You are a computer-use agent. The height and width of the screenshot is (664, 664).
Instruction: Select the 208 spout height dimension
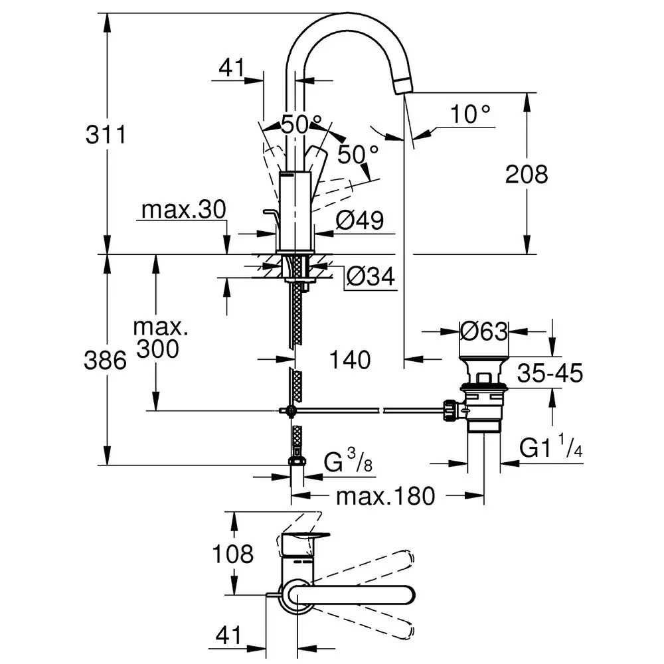527,174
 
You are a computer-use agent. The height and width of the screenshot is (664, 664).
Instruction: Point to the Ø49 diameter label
359,220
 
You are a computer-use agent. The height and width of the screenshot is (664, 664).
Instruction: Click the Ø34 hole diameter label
370,276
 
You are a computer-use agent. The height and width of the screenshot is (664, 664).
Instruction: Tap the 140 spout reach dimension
350,360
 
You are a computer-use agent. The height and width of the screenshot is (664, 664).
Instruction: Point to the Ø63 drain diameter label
484,330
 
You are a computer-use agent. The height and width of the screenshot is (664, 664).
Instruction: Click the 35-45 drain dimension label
550,373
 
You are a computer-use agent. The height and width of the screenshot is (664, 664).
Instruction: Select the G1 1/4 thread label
550,449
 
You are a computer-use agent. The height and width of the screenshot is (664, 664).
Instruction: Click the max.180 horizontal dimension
385,495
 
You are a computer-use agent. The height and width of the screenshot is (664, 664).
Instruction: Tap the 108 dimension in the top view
233,553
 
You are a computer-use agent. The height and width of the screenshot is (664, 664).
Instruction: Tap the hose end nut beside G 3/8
295,461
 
